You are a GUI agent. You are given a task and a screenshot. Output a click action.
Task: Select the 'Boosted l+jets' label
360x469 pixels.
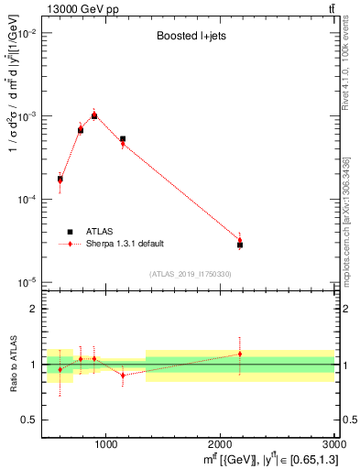point(191,38)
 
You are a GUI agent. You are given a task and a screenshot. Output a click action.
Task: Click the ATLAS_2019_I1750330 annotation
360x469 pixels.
point(191,274)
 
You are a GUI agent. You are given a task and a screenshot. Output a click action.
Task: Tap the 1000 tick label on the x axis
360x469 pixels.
point(105,444)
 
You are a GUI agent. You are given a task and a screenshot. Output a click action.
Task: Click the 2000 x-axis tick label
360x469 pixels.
point(221,444)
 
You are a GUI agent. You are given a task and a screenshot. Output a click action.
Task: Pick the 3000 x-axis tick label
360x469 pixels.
point(333,444)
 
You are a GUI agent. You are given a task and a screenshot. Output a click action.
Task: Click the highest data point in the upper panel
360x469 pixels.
point(93,115)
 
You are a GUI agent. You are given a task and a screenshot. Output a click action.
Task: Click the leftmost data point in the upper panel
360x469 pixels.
point(60,180)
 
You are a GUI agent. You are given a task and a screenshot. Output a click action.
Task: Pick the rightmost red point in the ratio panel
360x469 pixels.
point(240,354)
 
